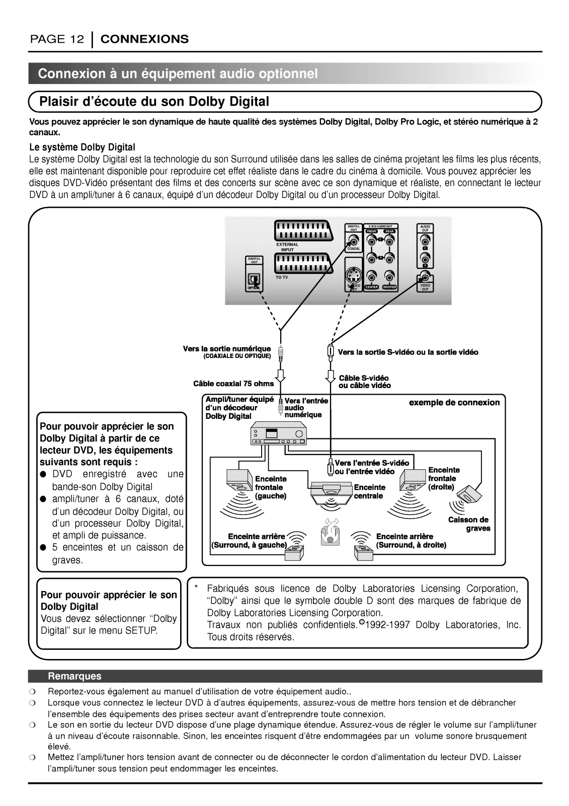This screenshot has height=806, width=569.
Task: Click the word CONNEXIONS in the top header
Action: coord(144,39)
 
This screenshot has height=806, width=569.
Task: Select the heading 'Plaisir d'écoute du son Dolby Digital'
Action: coord(154,102)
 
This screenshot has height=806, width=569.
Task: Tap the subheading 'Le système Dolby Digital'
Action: coord(82,147)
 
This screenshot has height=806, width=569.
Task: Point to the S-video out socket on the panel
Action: coord(354,276)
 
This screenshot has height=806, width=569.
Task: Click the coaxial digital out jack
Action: coord(353,240)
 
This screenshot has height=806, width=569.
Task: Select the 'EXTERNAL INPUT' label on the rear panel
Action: coord(287,247)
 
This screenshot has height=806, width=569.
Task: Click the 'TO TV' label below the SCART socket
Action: coord(282,277)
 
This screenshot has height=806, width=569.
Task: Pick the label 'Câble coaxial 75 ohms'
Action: coord(233,383)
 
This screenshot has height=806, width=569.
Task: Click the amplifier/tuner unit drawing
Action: coord(278,434)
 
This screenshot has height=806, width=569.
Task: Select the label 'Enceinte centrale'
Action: coord(369,491)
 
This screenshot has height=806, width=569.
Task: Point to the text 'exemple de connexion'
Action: coord(454,402)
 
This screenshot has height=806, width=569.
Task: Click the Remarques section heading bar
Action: coord(285,676)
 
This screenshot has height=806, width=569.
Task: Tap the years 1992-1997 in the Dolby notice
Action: coord(387,625)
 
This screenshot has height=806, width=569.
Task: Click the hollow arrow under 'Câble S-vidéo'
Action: coord(331,376)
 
